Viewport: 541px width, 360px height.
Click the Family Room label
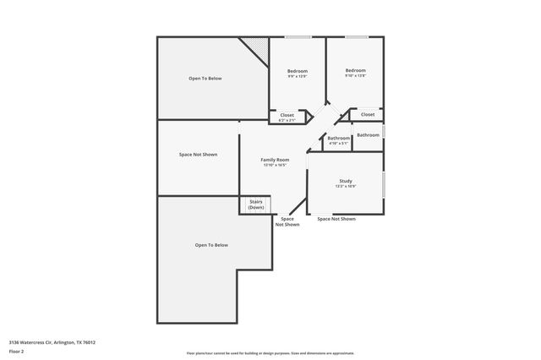pos(275,160)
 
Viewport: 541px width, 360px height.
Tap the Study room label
pos(346,181)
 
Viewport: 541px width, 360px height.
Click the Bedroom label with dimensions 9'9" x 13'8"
pos(298,70)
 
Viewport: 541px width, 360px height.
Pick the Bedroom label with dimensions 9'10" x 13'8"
pos(355,70)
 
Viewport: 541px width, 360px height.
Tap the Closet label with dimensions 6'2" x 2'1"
pos(287,115)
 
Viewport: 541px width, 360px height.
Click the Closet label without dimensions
pos(368,114)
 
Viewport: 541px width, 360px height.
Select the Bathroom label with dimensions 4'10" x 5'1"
pos(339,138)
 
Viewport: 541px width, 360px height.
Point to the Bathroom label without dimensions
pos(368,135)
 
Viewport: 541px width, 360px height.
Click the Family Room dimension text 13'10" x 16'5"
pos(275,166)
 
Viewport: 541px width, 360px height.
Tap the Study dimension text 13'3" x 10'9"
pos(346,187)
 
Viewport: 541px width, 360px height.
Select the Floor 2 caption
pos(16,350)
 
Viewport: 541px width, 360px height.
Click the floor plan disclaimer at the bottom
pos(270,353)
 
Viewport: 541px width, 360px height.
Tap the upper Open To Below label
pos(205,79)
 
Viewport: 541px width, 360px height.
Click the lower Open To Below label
pos(211,245)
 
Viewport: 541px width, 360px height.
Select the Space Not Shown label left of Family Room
pos(198,155)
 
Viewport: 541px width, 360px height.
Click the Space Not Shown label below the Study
pos(336,219)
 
